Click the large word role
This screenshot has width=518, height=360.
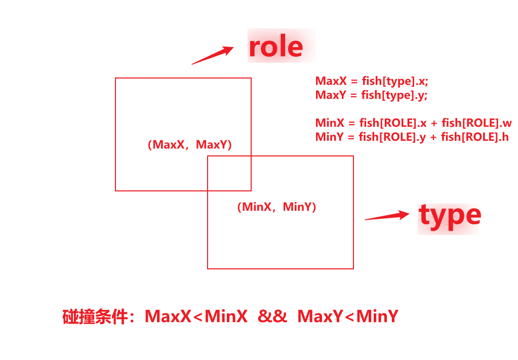point(276,47)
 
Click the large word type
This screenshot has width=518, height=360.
point(450,216)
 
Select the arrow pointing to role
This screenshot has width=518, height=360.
point(212,55)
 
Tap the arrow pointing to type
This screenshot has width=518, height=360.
point(387,216)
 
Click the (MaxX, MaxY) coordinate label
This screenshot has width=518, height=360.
point(189,145)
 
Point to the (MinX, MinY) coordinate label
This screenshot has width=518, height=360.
point(276,207)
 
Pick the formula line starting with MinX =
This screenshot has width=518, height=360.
point(413,123)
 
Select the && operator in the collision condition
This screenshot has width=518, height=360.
point(272,316)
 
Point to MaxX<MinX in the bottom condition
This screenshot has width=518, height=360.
point(196,316)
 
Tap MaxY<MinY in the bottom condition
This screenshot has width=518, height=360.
point(348,316)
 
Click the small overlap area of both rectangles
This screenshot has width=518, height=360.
point(229,173)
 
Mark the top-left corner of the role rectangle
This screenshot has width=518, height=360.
point(116,78)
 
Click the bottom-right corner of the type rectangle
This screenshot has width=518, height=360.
point(353,268)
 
